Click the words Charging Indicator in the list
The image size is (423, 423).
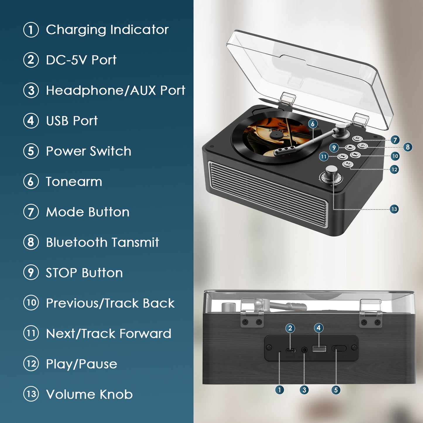click(107, 30)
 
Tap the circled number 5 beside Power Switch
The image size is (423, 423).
click(31, 151)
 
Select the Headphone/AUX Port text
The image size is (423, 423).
click(115, 90)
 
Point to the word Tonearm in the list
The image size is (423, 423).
click(74, 181)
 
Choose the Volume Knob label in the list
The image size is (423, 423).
click(89, 394)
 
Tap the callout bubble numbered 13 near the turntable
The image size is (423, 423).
click(394, 209)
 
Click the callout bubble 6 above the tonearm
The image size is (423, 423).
click(313, 124)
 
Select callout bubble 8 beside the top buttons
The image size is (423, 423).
click(407, 147)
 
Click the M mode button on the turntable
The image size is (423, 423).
click(357, 138)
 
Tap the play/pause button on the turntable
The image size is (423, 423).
click(348, 164)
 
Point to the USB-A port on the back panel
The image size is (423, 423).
click(319, 349)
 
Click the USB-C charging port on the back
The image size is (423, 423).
click(291, 350)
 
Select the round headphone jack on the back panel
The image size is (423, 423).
click(304, 350)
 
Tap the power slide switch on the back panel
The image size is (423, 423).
click(339, 348)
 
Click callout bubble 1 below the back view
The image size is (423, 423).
click(280, 390)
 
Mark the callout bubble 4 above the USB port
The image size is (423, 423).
click(318, 328)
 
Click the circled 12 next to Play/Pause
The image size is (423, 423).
click(31, 364)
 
